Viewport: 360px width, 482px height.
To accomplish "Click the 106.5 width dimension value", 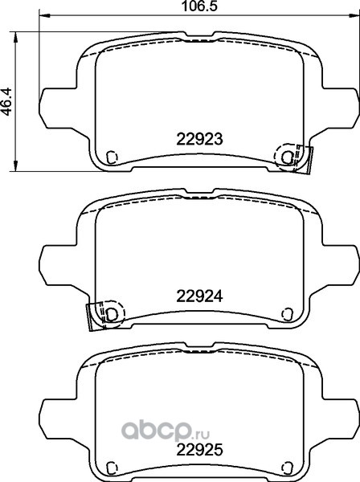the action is (199, 6).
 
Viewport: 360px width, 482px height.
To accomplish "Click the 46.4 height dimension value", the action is (6, 101).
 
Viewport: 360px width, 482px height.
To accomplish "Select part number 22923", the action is (199, 139).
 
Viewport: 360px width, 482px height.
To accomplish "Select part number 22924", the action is (199, 296).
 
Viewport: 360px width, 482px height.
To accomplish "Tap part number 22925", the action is (199, 450).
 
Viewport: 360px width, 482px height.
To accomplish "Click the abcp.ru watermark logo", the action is (166, 430).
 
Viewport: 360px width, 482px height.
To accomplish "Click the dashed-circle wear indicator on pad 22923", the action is (287, 157).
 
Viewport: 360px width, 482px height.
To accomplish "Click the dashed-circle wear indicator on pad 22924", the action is (112, 314).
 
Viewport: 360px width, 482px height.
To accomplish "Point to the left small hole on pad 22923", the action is (112, 157).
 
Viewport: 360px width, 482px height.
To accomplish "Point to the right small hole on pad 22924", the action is (287, 314).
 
